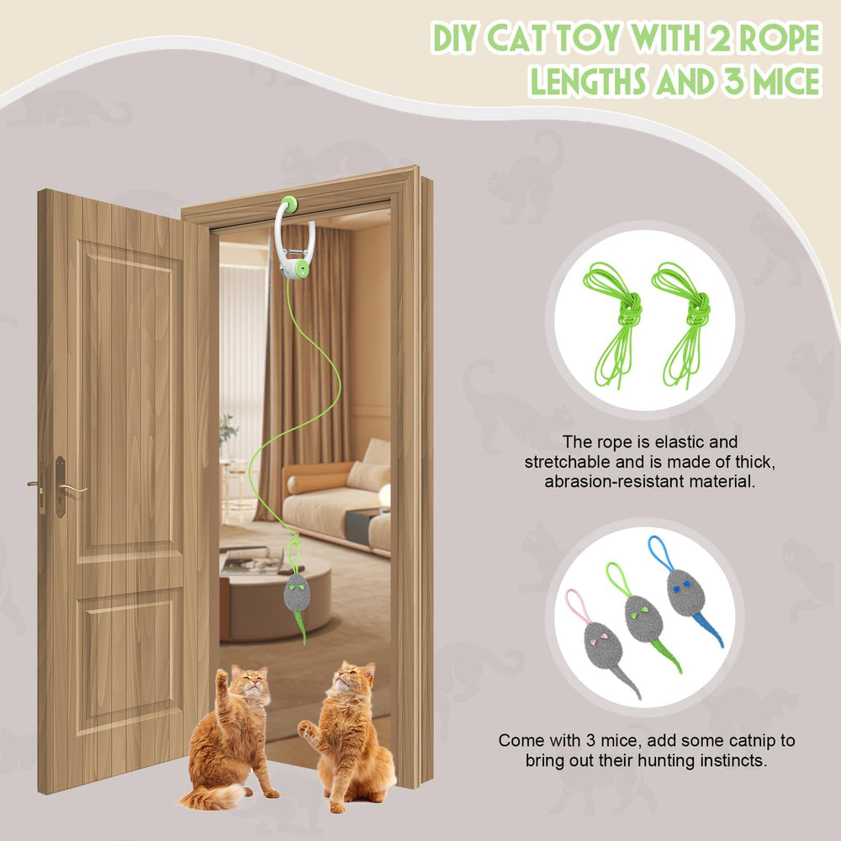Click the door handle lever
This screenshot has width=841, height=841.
pos(73,488)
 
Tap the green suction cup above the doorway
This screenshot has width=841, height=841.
pos(290,204)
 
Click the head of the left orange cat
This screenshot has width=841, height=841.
pos(250,680)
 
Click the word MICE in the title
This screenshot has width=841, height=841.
pos(783,82)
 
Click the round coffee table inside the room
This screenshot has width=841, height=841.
pos(275,595)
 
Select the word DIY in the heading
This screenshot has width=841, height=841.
pos(456,38)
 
